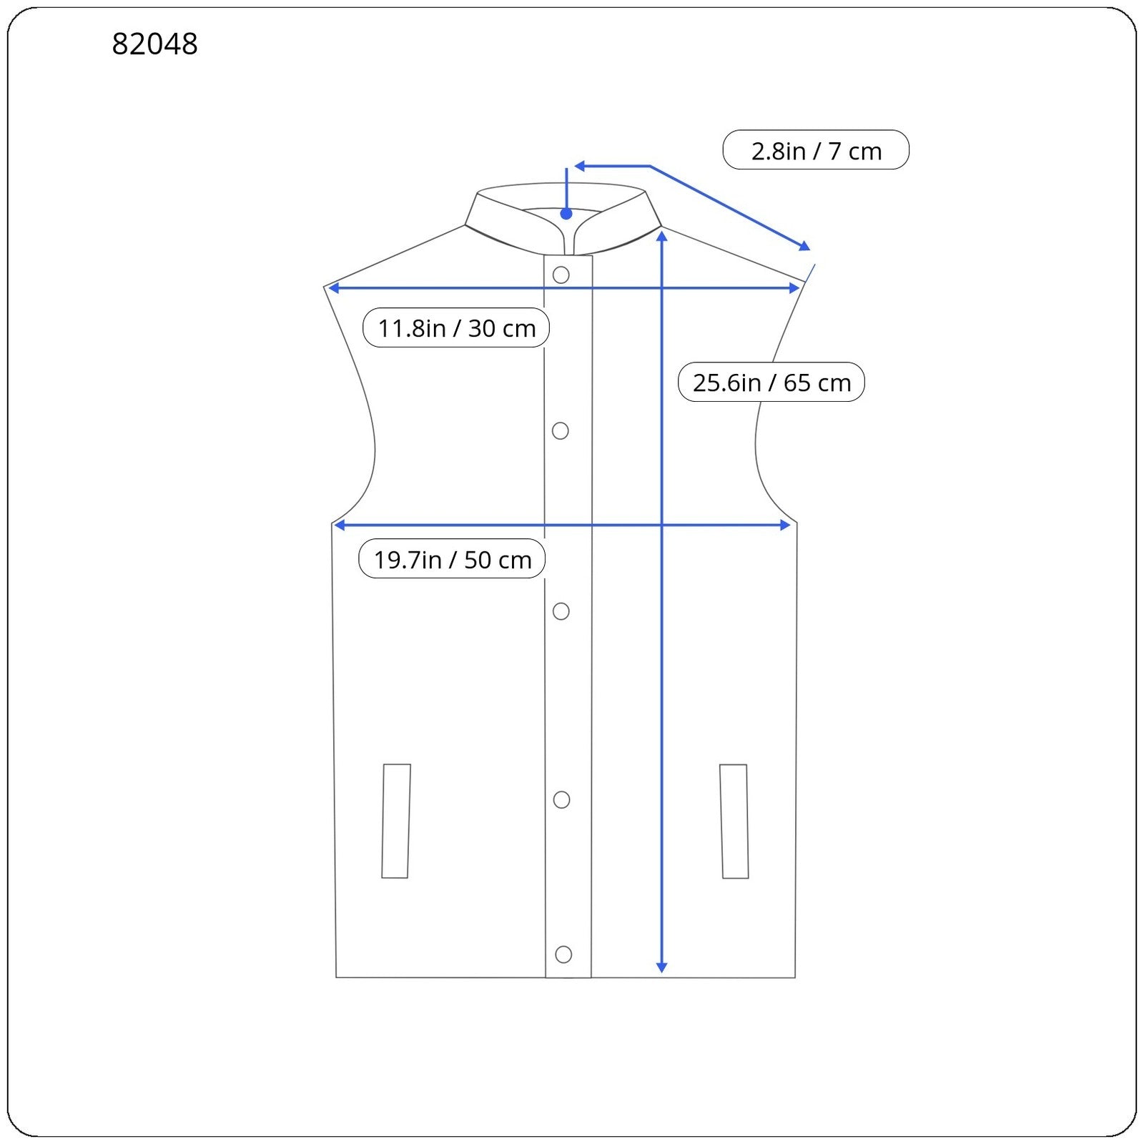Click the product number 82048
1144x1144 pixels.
(x=154, y=44)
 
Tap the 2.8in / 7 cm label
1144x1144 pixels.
(x=816, y=150)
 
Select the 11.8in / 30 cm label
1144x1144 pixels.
(x=456, y=327)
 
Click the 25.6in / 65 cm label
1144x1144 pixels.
(x=771, y=382)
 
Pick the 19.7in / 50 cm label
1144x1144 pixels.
(x=452, y=558)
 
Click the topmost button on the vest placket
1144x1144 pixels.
(x=561, y=275)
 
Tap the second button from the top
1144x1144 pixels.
(x=561, y=430)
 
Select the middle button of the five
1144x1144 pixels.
(x=561, y=611)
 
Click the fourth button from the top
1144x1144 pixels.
(x=562, y=799)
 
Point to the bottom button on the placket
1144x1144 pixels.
(x=563, y=954)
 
